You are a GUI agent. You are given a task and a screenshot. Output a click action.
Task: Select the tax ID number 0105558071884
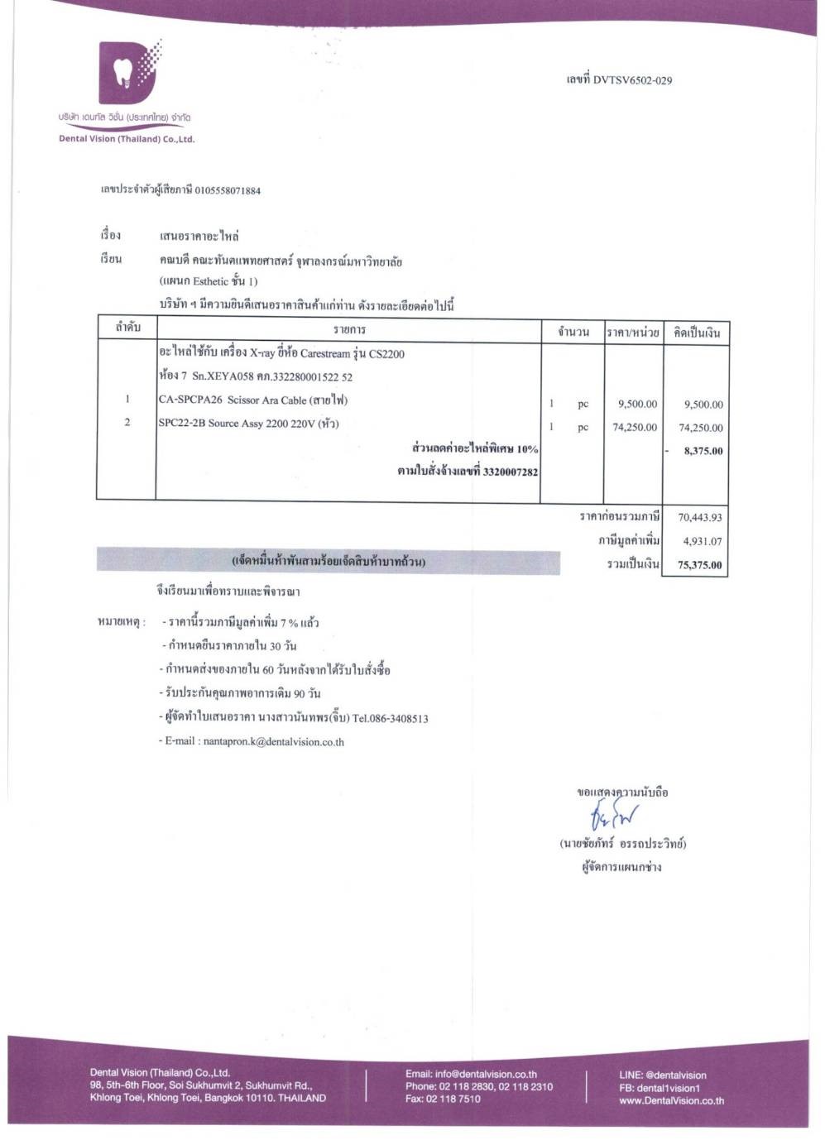[x=228, y=190]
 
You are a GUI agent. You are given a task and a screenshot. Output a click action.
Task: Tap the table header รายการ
[x=349, y=330]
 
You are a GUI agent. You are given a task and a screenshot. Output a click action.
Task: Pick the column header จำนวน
[x=573, y=332]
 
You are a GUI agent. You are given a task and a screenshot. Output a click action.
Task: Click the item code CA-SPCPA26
[x=190, y=400]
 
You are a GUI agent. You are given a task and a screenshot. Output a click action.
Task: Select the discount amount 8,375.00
[x=703, y=452]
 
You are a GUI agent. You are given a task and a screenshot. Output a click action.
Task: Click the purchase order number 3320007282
[x=509, y=472]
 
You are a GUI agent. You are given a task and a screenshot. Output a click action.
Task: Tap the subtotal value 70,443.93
[x=699, y=518]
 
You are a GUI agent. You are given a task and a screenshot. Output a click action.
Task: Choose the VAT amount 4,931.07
[x=702, y=542]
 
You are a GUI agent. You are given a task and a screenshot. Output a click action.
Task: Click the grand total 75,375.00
[x=699, y=566]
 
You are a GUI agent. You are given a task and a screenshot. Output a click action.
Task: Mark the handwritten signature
[x=614, y=819]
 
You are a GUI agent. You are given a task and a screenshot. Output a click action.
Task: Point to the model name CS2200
[x=386, y=354]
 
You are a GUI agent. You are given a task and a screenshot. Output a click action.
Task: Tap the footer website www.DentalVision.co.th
[x=671, y=1100]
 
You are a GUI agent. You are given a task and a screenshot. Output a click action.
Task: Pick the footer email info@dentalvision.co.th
[x=486, y=1074]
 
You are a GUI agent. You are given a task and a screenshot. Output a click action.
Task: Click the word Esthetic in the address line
[x=211, y=281]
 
